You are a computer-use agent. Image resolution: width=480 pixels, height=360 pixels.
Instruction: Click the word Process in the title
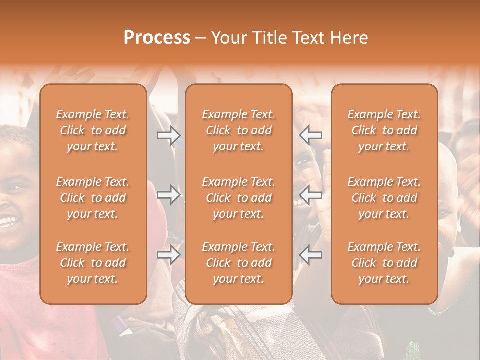(x=157, y=38)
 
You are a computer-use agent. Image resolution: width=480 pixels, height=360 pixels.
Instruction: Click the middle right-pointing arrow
(x=169, y=195)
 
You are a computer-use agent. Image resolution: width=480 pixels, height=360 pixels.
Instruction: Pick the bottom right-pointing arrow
(x=169, y=255)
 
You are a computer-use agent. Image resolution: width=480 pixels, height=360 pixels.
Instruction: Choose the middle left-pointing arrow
(x=311, y=195)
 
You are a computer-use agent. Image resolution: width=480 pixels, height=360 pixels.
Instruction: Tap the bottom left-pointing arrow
(x=311, y=255)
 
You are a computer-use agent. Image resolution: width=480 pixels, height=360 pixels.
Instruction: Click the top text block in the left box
(x=93, y=130)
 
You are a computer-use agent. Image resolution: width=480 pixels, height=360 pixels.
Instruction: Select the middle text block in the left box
(x=93, y=198)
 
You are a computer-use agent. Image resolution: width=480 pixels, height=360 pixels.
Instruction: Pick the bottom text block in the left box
(x=93, y=263)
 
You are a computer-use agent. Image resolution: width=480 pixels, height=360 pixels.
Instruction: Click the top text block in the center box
(x=239, y=130)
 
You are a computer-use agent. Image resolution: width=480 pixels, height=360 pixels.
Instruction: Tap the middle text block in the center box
(x=239, y=198)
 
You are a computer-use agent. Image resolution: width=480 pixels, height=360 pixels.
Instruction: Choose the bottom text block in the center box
(x=239, y=263)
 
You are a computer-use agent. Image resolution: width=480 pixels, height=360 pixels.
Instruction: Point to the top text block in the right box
(x=384, y=130)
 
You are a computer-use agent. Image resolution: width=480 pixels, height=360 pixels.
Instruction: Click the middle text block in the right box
(x=384, y=198)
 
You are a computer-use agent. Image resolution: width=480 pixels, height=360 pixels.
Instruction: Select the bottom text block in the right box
(x=384, y=263)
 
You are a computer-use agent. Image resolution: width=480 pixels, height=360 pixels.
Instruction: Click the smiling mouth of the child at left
(x=7, y=221)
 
